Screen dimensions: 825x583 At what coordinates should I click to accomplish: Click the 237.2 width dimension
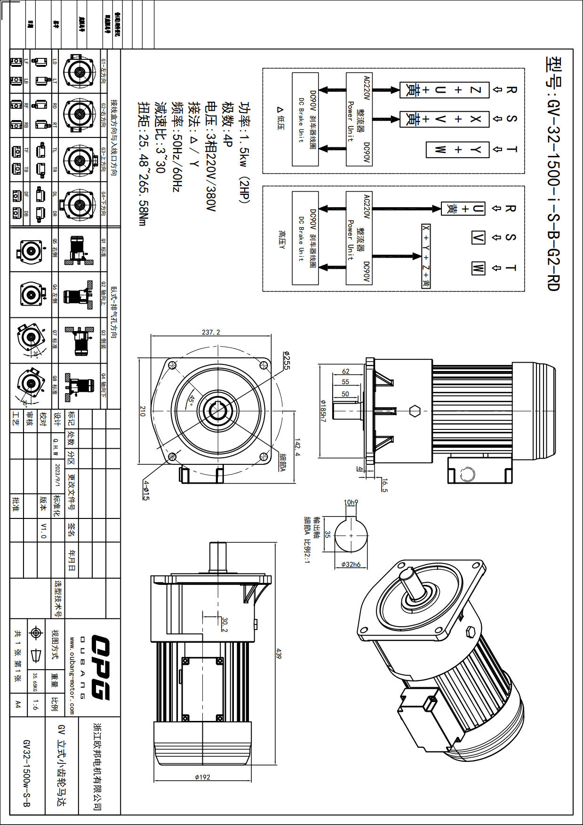tap(211, 332)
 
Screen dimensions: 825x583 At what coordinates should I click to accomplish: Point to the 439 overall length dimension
tap(279, 654)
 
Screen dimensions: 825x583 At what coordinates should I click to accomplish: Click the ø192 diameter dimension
tap(202, 777)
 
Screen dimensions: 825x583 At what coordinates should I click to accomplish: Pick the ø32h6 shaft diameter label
tap(351, 564)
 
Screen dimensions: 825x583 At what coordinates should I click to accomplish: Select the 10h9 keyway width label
tap(351, 502)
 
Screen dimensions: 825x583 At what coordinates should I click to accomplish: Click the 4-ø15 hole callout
tap(146, 490)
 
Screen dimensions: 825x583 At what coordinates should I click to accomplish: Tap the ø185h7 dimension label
tap(323, 411)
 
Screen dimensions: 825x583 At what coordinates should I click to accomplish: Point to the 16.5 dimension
tap(384, 485)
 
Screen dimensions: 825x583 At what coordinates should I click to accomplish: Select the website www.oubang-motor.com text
tap(72, 676)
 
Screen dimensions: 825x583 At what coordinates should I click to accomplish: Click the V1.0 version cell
tap(43, 530)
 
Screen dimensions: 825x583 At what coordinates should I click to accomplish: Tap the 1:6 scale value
tap(36, 704)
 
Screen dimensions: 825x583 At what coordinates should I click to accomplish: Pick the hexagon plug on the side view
tap(414, 411)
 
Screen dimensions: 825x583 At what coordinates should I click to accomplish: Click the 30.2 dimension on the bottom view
tap(224, 625)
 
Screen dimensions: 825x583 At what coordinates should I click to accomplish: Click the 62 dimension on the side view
tap(346, 372)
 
